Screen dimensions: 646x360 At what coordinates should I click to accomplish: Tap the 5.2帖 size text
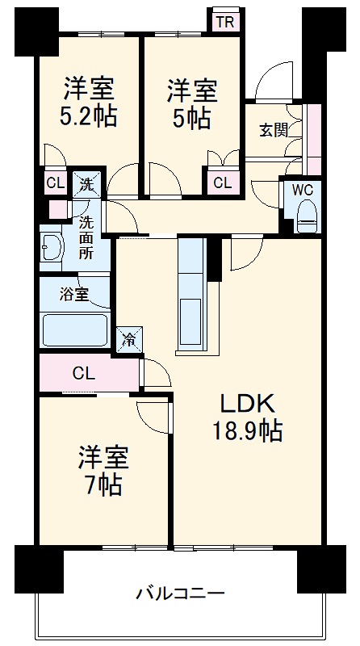coord(89,116)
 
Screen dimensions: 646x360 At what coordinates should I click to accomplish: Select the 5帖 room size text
coord(191,118)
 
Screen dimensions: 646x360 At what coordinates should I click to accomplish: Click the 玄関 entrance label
coord(274,129)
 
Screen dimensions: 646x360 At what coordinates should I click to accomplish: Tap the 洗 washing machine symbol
coord(86,184)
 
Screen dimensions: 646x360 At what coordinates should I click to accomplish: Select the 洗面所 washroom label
coord(86,235)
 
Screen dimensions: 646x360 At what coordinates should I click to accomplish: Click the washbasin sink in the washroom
coord(51,248)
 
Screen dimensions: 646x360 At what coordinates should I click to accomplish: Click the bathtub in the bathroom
coord(75,330)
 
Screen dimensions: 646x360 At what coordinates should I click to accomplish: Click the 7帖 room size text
coord(103,485)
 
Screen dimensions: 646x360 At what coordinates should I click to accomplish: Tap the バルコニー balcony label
coord(180,594)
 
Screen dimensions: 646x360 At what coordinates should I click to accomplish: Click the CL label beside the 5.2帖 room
coord(54,182)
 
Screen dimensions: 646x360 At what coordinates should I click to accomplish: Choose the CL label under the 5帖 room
coord(223,183)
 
